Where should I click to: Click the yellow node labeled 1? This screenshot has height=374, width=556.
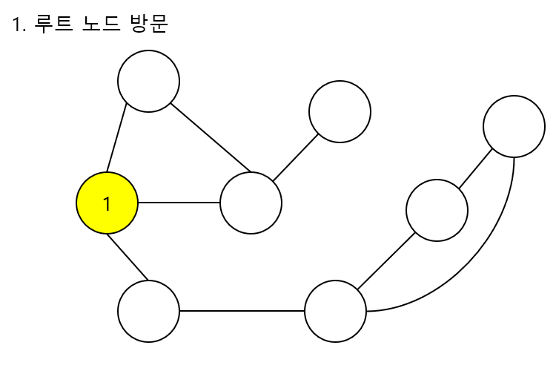point(107,203)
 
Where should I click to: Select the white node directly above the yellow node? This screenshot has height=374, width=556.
point(148,81)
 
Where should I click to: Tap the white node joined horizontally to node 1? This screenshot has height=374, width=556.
point(251,203)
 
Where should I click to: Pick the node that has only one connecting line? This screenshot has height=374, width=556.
point(340,111)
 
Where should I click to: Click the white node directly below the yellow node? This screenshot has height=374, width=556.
point(148,311)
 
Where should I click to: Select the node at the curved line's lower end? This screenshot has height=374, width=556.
point(335,311)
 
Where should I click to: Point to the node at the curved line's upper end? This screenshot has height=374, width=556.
point(514,126)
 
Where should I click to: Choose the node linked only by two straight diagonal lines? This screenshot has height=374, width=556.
point(437,210)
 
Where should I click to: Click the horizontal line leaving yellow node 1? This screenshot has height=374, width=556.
point(179,203)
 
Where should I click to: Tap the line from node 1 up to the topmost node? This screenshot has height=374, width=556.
point(116,141)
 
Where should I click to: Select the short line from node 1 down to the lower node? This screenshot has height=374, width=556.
point(128,257)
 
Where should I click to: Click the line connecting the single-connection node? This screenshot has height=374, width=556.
point(295,157)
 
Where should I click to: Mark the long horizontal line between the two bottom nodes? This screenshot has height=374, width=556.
point(242,311)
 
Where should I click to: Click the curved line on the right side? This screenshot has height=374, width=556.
point(489,252)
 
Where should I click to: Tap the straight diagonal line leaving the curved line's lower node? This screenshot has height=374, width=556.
point(385,261)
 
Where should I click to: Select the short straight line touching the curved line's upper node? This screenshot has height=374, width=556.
point(475,168)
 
